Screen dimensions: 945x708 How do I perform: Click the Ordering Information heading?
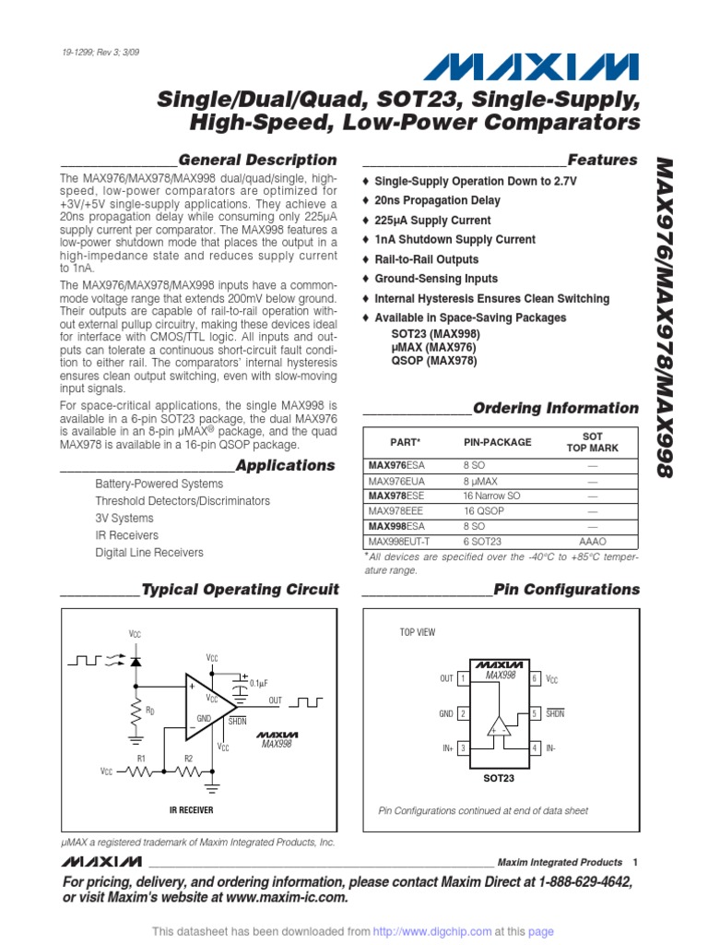[555, 408]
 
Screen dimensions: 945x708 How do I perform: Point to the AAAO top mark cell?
[592, 541]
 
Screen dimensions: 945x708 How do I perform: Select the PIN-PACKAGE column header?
[497, 442]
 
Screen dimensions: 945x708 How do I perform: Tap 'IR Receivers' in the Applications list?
[126, 535]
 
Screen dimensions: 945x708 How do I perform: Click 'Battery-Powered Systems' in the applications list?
[159, 484]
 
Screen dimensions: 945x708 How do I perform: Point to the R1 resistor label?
[142, 758]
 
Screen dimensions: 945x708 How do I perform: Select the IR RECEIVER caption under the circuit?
[192, 809]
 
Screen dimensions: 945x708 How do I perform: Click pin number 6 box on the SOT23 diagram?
[535, 678]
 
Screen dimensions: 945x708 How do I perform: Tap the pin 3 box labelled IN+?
[463, 747]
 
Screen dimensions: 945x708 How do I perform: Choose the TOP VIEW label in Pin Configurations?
[418, 632]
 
